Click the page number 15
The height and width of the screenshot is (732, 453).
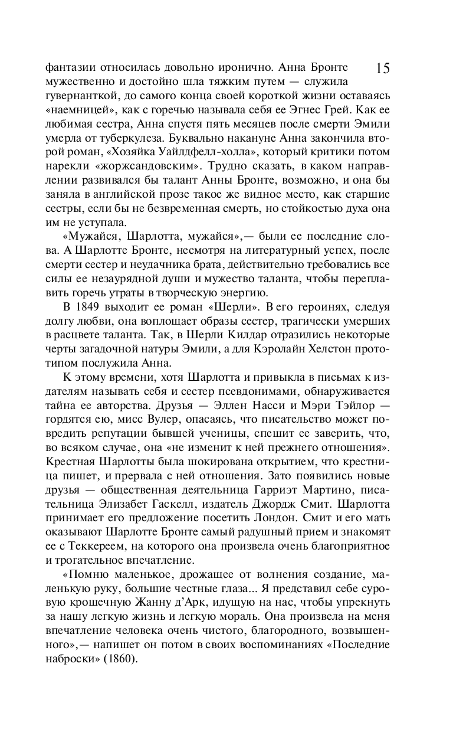[382, 68]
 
